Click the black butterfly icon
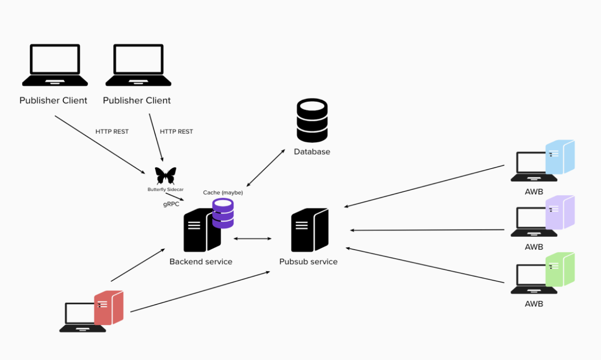coord(166,176)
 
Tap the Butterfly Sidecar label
coord(166,189)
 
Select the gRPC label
coord(171,204)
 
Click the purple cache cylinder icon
coord(223,213)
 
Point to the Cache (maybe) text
coord(223,193)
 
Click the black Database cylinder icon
coord(312,120)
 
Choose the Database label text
coord(312,152)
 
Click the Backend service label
coord(201,262)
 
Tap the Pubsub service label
coord(308,262)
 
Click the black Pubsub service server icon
coord(309,230)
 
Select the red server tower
coord(108,308)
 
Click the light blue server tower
coord(560,157)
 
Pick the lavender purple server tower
coord(560,212)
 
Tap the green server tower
coord(560,269)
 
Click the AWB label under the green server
coord(534,304)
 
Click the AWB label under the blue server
coord(534,192)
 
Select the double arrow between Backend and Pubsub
coord(253,239)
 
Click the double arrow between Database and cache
coord(266,168)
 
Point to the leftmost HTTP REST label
coord(112,132)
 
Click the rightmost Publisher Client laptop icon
coord(138,65)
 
